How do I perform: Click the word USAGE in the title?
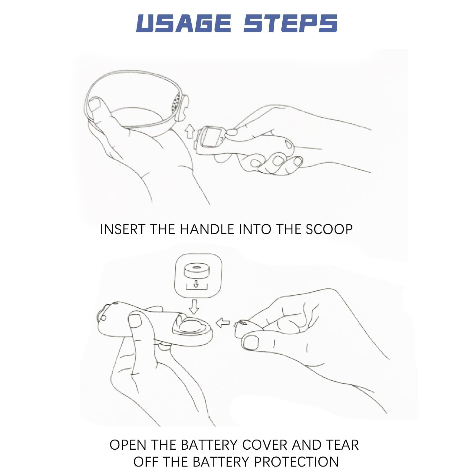coord(184,23)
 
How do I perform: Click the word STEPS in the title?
coord(290,23)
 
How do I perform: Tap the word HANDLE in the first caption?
coord(207,229)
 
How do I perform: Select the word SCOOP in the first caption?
coord(329,229)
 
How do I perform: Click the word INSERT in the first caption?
coord(123,229)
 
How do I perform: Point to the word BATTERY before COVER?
coord(209,445)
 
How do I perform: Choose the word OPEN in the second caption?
coord(128,445)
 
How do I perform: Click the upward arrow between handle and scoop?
coord(189,131)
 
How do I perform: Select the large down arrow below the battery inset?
coord(194,307)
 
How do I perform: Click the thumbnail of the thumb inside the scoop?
coord(95,105)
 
